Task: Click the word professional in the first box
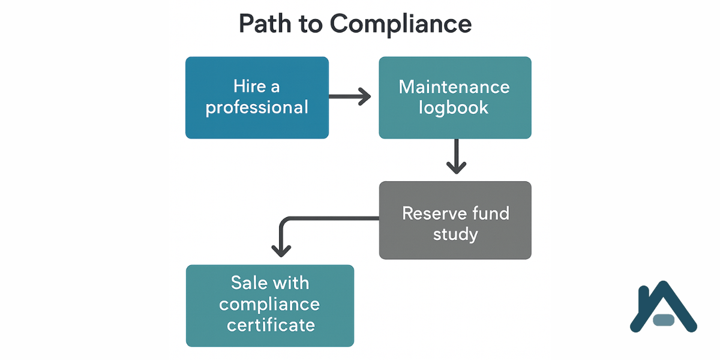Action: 257,108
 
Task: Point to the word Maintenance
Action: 454,86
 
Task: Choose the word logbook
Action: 454,108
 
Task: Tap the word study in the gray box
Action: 455,234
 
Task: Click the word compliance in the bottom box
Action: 269,304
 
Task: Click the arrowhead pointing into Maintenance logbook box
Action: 365,96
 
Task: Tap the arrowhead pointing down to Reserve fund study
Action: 456,167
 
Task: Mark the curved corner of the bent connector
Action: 284,222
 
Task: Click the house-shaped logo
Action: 662,306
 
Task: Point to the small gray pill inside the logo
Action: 664,319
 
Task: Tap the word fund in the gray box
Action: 490,213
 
